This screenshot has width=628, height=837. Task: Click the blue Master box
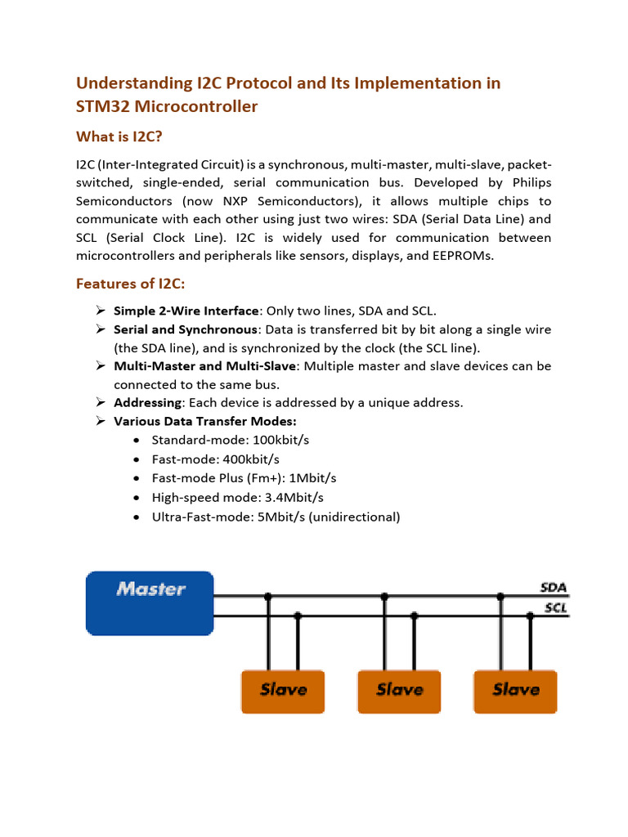click(x=150, y=602)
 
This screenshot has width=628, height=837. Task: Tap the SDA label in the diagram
click(x=554, y=588)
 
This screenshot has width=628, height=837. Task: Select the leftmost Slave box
click(x=283, y=691)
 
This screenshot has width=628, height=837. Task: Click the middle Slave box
click(x=399, y=691)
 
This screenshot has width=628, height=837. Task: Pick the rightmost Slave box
click(x=515, y=691)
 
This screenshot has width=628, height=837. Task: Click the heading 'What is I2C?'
click(x=123, y=137)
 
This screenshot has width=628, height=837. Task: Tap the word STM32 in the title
click(x=102, y=106)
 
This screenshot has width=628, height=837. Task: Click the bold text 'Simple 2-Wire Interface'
click(x=186, y=311)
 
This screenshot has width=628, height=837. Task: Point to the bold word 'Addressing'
click(x=148, y=402)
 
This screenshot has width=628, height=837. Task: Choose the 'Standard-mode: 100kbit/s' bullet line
click(x=230, y=440)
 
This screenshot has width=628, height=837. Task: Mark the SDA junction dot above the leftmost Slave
click(x=268, y=597)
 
